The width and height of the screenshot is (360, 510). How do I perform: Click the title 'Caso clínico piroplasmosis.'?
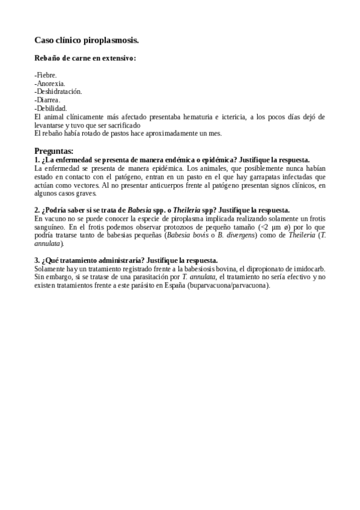click(87, 40)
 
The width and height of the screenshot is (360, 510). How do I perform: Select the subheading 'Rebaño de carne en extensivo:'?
click(85, 58)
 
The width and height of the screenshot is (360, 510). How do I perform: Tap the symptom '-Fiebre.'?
click(46, 75)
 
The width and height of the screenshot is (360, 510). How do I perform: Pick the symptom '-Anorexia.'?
click(50, 84)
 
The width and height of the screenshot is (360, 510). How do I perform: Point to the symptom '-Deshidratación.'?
click(58, 91)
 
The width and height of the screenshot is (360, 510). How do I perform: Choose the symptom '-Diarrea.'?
click(47, 100)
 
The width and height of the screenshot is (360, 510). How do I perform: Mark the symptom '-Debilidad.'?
click(50, 108)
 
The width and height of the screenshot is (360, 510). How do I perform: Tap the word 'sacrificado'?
click(125, 125)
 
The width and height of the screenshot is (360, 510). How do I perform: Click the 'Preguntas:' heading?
click(54, 151)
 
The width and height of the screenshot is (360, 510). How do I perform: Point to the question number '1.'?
click(37, 160)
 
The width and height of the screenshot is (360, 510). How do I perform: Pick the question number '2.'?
click(37, 210)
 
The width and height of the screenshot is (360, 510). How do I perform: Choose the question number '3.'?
click(37, 260)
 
